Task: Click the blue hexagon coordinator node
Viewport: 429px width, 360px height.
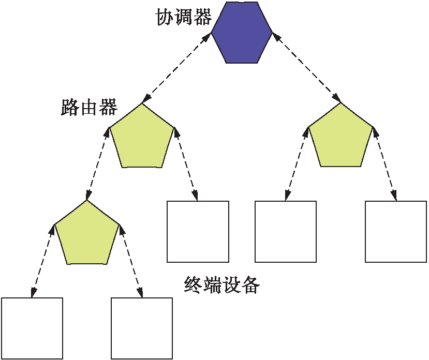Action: point(242,32)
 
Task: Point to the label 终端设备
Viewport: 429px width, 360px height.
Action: point(221,284)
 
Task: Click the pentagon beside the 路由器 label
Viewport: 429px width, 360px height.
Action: point(142,138)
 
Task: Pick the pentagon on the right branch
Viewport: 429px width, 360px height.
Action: point(341,137)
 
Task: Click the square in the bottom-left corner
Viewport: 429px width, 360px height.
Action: point(32,328)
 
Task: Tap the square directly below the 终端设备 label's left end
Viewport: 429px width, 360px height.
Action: point(142,328)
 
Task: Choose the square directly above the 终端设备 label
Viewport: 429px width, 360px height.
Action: point(198,231)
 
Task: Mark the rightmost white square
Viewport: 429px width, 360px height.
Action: point(396,231)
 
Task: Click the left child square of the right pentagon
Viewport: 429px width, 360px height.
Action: point(286,231)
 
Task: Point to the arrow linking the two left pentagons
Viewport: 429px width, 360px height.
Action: point(98,163)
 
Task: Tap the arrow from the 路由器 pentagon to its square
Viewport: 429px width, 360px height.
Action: point(186,163)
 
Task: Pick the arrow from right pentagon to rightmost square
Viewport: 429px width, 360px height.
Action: point(384,163)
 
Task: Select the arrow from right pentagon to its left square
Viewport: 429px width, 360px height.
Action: point(296,163)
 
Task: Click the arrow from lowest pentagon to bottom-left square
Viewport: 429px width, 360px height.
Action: point(43,260)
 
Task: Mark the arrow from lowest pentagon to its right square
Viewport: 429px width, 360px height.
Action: point(131,260)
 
